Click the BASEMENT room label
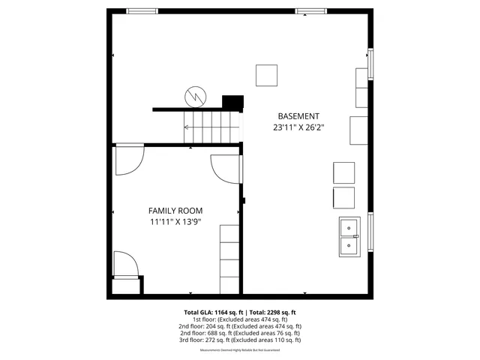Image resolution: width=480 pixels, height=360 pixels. tap(298, 116)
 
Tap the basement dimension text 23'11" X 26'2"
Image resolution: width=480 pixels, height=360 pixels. tap(298, 127)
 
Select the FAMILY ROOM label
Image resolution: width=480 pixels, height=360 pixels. tap(175, 211)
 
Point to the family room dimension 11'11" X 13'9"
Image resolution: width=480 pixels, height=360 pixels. tap(175, 222)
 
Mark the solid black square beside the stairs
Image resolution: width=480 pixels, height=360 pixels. tap(233, 103)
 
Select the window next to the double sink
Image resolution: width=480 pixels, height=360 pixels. tap(370, 233)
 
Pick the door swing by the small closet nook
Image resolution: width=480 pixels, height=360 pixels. tap(125, 263)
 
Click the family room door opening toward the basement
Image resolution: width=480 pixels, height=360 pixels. tap(226, 168)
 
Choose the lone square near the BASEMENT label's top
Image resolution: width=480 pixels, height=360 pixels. tap(266, 76)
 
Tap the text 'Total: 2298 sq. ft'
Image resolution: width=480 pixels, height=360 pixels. tap(274, 311)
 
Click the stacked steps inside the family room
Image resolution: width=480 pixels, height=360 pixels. tap(229, 259)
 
